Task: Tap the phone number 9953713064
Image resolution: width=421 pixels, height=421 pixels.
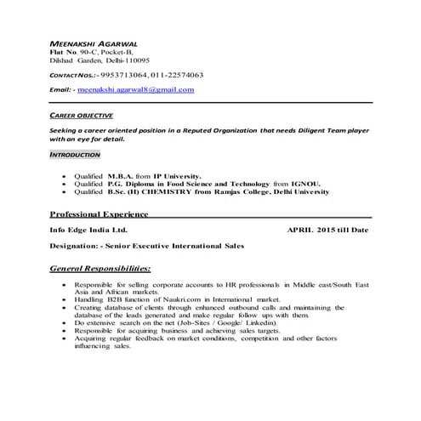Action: click(x=121, y=74)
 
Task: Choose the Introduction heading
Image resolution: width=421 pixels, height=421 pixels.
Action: click(x=76, y=156)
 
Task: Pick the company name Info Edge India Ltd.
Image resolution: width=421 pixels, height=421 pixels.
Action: click(x=88, y=230)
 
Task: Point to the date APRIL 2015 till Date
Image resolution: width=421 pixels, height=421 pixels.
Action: click(x=327, y=230)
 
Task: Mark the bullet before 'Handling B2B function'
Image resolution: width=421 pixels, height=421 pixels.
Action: click(x=65, y=299)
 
